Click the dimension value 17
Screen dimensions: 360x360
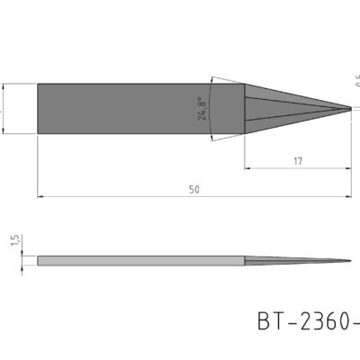coord(297,161)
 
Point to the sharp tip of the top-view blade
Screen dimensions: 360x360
coord(351,109)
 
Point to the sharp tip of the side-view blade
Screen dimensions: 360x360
coord(351,262)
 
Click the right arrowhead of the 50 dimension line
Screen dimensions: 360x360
coord(348,195)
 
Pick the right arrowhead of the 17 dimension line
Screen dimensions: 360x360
coord(348,168)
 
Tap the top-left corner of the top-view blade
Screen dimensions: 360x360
coord(38,85)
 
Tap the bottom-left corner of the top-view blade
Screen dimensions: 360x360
coord(38,134)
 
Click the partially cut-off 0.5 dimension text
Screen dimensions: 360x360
coord(356,81)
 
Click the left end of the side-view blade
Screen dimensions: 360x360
coord(39,262)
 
